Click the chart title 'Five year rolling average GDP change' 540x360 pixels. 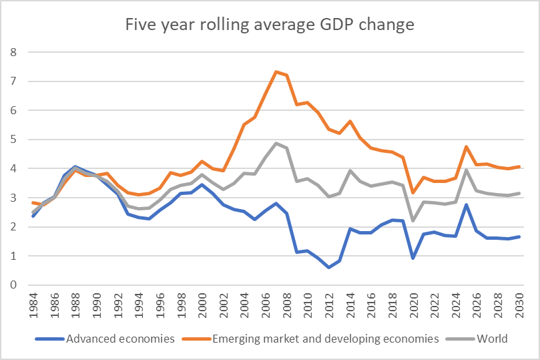270,25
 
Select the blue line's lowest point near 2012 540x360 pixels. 328,267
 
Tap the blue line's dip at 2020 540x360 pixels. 414,258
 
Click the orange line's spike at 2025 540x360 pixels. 465,146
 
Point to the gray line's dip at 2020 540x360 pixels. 414,220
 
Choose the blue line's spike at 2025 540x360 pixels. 465,204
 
